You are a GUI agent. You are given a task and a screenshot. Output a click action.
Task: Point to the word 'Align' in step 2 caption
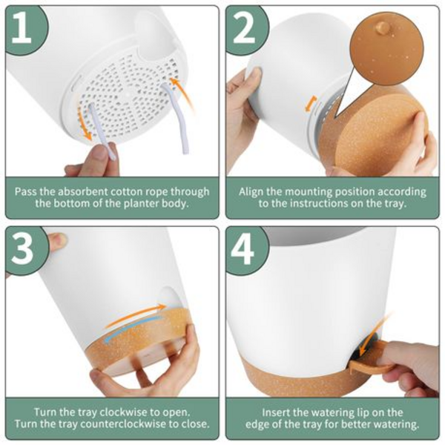251,192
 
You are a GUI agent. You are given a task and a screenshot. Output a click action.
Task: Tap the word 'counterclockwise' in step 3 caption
122,424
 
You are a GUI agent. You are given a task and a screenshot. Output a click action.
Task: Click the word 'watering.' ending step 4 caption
396,424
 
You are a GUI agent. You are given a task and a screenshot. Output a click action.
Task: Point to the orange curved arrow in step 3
135,314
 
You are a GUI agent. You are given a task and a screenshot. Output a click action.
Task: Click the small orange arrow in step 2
311,104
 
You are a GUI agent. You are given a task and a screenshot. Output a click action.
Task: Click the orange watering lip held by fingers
369,366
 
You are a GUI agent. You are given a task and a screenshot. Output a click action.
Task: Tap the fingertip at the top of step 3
58,242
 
